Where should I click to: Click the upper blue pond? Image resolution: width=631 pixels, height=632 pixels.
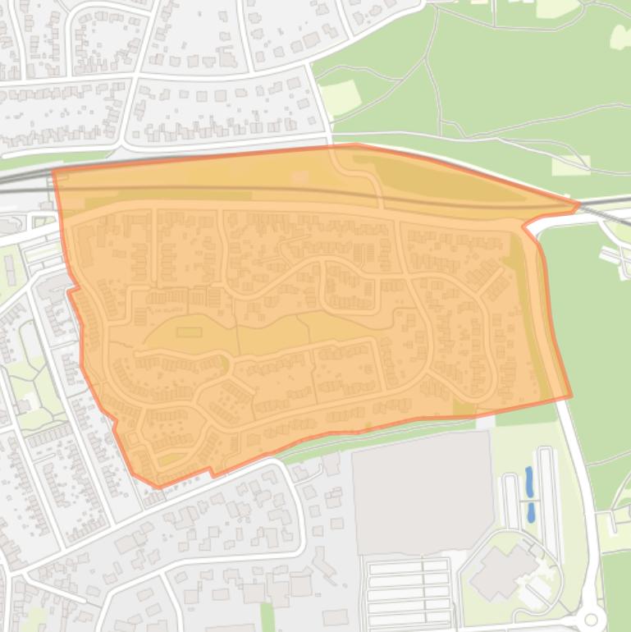(529, 482)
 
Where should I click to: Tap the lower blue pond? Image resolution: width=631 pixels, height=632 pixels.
(531, 513)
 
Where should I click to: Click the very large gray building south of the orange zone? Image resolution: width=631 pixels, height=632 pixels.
(422, 492)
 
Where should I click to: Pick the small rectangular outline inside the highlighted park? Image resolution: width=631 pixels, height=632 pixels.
(189, 332)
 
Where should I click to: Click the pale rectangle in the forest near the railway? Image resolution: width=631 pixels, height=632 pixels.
(570, 166)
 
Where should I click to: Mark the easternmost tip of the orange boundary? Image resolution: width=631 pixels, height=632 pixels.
(579, 204)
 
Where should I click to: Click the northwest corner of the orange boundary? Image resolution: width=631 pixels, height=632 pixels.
(53, 171)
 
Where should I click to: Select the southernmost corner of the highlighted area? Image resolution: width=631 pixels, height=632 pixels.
(158, 487)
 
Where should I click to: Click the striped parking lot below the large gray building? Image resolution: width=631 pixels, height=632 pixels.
(407, 591)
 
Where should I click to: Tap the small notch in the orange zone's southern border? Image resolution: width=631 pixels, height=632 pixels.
(213, 473)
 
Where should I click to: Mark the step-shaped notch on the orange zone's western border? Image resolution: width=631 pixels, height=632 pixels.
(71, 289)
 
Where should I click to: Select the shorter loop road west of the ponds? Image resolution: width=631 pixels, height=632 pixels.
(510, 500)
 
